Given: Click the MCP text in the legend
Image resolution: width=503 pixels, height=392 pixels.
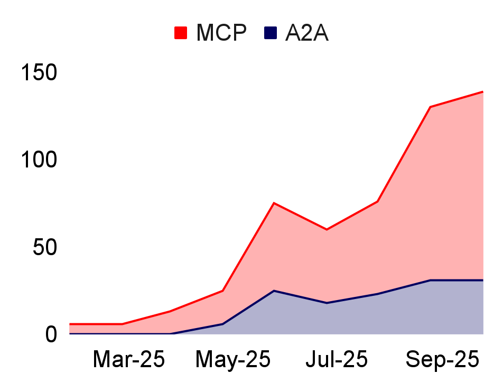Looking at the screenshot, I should click(221, 33).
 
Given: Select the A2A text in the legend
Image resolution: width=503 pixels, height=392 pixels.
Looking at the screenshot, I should click(307, 33).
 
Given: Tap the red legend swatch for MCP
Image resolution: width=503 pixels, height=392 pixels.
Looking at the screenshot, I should click(181, 33).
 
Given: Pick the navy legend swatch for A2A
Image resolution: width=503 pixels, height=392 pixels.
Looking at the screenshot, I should click(271, 33).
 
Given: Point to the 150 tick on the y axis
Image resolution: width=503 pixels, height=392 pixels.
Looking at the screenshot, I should click(39, 72).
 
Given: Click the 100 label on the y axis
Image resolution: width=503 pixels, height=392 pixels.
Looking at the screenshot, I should click(39, 160).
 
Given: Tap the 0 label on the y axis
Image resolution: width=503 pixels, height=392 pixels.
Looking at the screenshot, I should click(51, 334).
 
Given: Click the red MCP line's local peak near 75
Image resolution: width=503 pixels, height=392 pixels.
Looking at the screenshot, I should click(274, 203).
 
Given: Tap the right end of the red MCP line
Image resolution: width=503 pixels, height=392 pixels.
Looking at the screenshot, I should click(483, 92).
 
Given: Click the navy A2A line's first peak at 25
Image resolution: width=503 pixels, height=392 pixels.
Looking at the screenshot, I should click(274, 291).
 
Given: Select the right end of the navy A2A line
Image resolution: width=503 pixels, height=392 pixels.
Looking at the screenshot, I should click(483, 280).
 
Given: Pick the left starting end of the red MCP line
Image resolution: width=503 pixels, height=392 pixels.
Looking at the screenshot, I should click(70, 324).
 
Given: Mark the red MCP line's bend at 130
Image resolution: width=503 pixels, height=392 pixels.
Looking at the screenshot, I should click(431, 107).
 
